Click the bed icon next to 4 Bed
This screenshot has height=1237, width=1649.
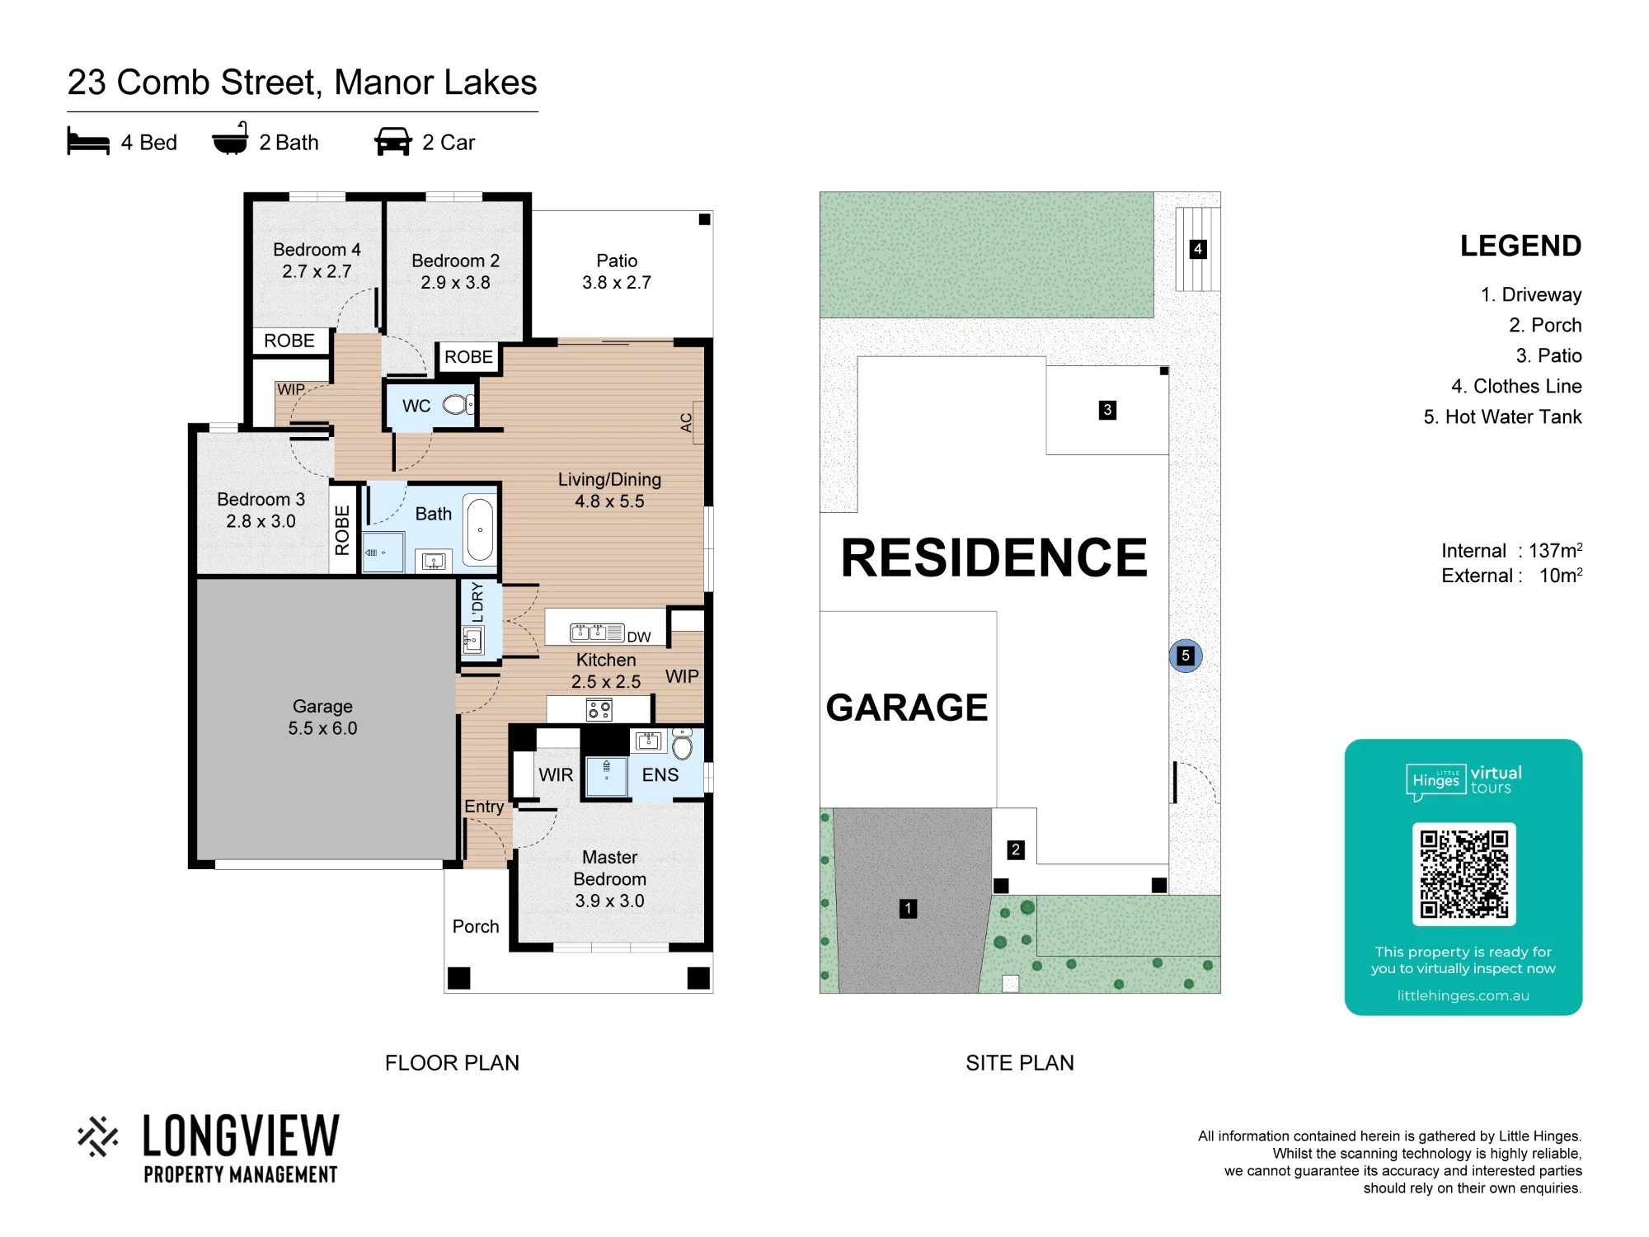point(88,141)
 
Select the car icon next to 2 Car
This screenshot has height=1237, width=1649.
point(392,141)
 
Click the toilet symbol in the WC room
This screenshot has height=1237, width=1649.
point(458,405)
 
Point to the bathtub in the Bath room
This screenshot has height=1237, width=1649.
point(480,529)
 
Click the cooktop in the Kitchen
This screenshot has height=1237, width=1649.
point(599,709)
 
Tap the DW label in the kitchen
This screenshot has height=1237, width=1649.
point(639,637)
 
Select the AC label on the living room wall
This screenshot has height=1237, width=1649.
point(686,422)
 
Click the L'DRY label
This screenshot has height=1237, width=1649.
point(477,602)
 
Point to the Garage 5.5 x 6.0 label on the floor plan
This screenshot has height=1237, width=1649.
point(322,717)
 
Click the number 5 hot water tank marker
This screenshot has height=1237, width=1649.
point(1186,656)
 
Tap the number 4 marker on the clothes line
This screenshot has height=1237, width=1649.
point(1198,249)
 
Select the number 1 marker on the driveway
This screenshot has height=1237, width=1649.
point(908,909)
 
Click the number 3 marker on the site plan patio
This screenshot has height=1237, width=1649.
point(1107,410)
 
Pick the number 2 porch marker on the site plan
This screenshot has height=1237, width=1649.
point(1016,849)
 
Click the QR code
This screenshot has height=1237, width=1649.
point(1463,874)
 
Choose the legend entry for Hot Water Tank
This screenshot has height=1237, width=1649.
point(1502,417)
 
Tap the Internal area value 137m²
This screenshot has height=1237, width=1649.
point(1555,550)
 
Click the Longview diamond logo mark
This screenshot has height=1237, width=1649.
point(98,1136)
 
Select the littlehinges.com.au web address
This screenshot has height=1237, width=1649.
point(1463,995)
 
